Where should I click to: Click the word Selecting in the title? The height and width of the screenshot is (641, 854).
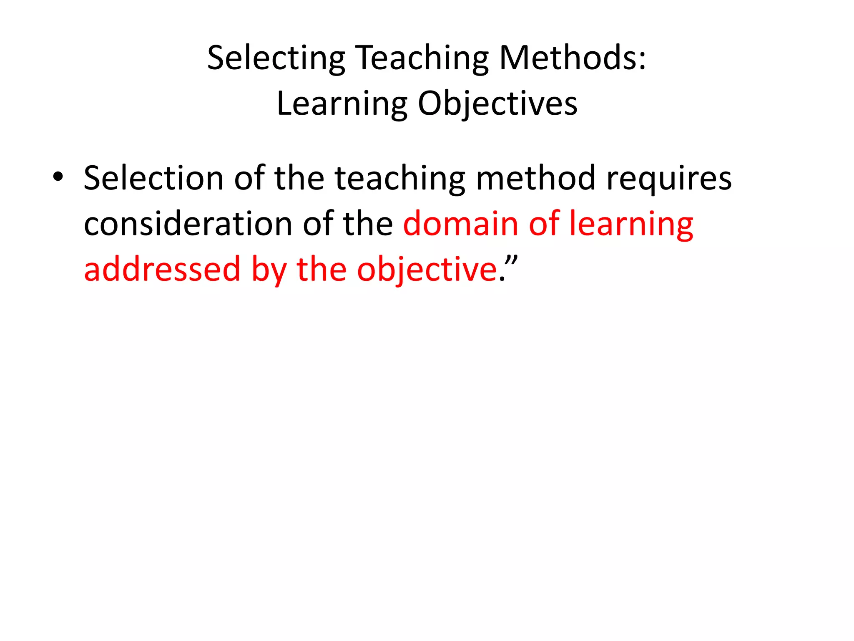click(276, 58)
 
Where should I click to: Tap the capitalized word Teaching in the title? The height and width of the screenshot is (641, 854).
click(422, 58)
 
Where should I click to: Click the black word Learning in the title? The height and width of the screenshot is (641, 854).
click(342, 104)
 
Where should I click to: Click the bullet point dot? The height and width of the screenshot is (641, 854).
click(58, 177)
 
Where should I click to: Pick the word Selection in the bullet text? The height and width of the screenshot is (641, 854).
click(153, 178)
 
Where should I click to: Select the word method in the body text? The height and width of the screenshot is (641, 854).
click(535, 178)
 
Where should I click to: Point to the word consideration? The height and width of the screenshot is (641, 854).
click(188, 224)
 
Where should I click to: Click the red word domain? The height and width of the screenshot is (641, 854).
click(460, 224)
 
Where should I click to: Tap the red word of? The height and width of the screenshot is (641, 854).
click(544, 224)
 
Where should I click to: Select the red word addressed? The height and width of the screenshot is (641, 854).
click(162, 270)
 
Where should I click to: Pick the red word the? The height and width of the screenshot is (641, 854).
click(321, 270)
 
